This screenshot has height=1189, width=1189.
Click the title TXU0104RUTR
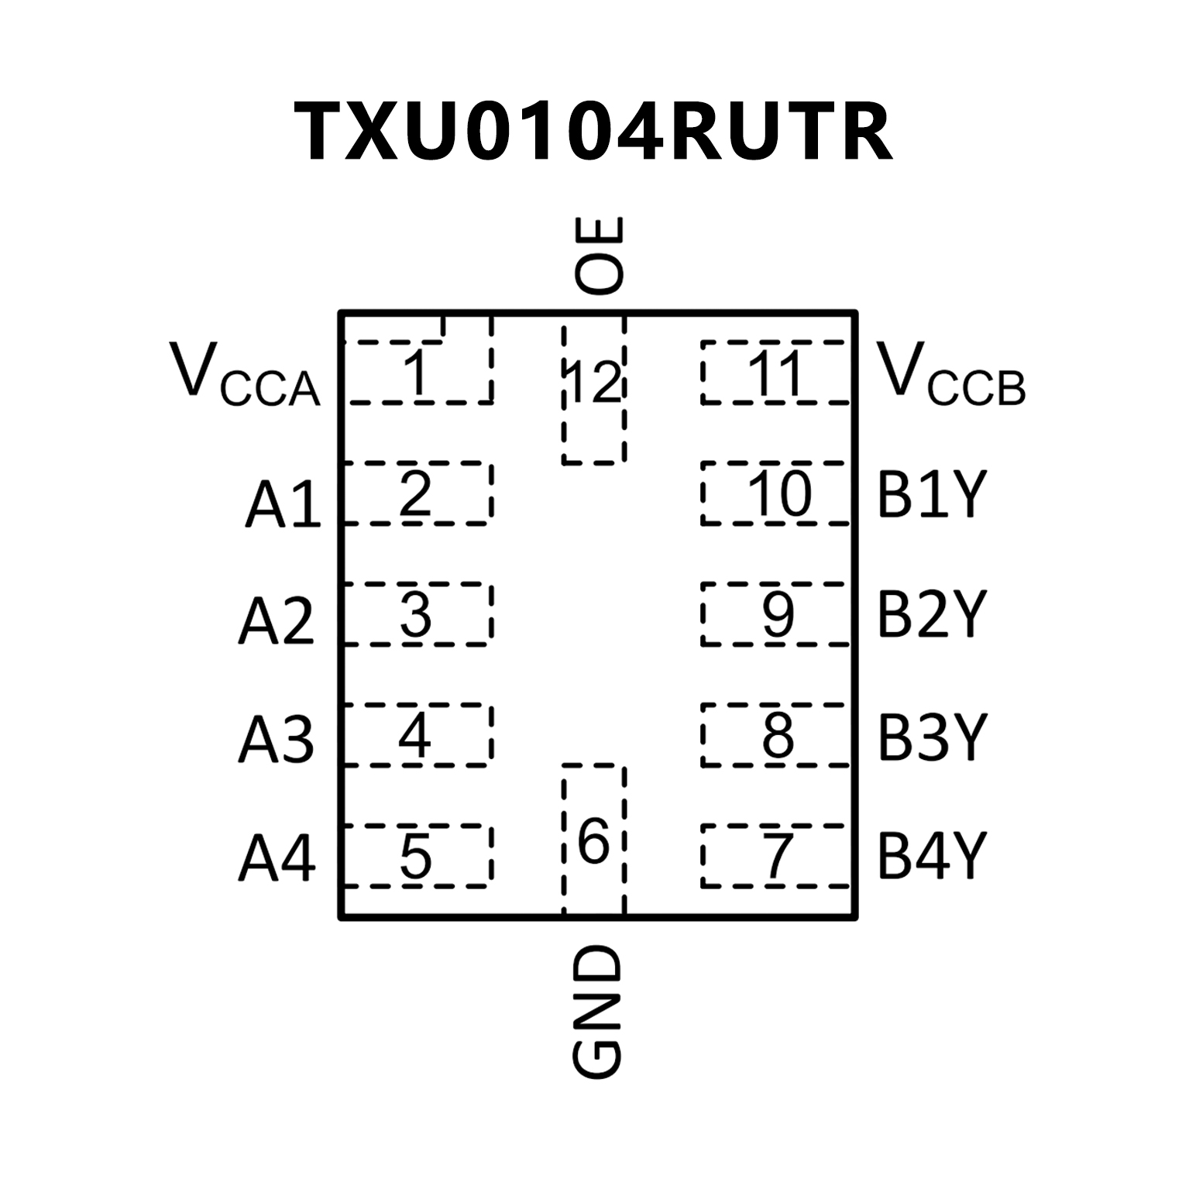tap(593, 132)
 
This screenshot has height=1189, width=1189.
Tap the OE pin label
tap(598, 255)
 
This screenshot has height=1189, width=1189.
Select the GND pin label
tap(597, 1012)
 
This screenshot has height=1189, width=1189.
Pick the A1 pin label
tap(283, 504)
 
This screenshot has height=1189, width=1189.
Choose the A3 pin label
tap(277, 739)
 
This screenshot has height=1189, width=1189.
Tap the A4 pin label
tap(277, 858)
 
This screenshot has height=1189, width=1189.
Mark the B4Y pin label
tap(932, 856)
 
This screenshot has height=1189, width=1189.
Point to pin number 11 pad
tap(775, 373)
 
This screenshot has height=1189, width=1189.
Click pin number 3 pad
tap(417, 614)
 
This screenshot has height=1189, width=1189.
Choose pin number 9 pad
tap(775, 614)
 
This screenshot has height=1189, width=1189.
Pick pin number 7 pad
tap(775, 856)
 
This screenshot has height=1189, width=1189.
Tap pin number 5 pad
tap(417, 856)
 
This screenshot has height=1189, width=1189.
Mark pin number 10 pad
tap(775, 493)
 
